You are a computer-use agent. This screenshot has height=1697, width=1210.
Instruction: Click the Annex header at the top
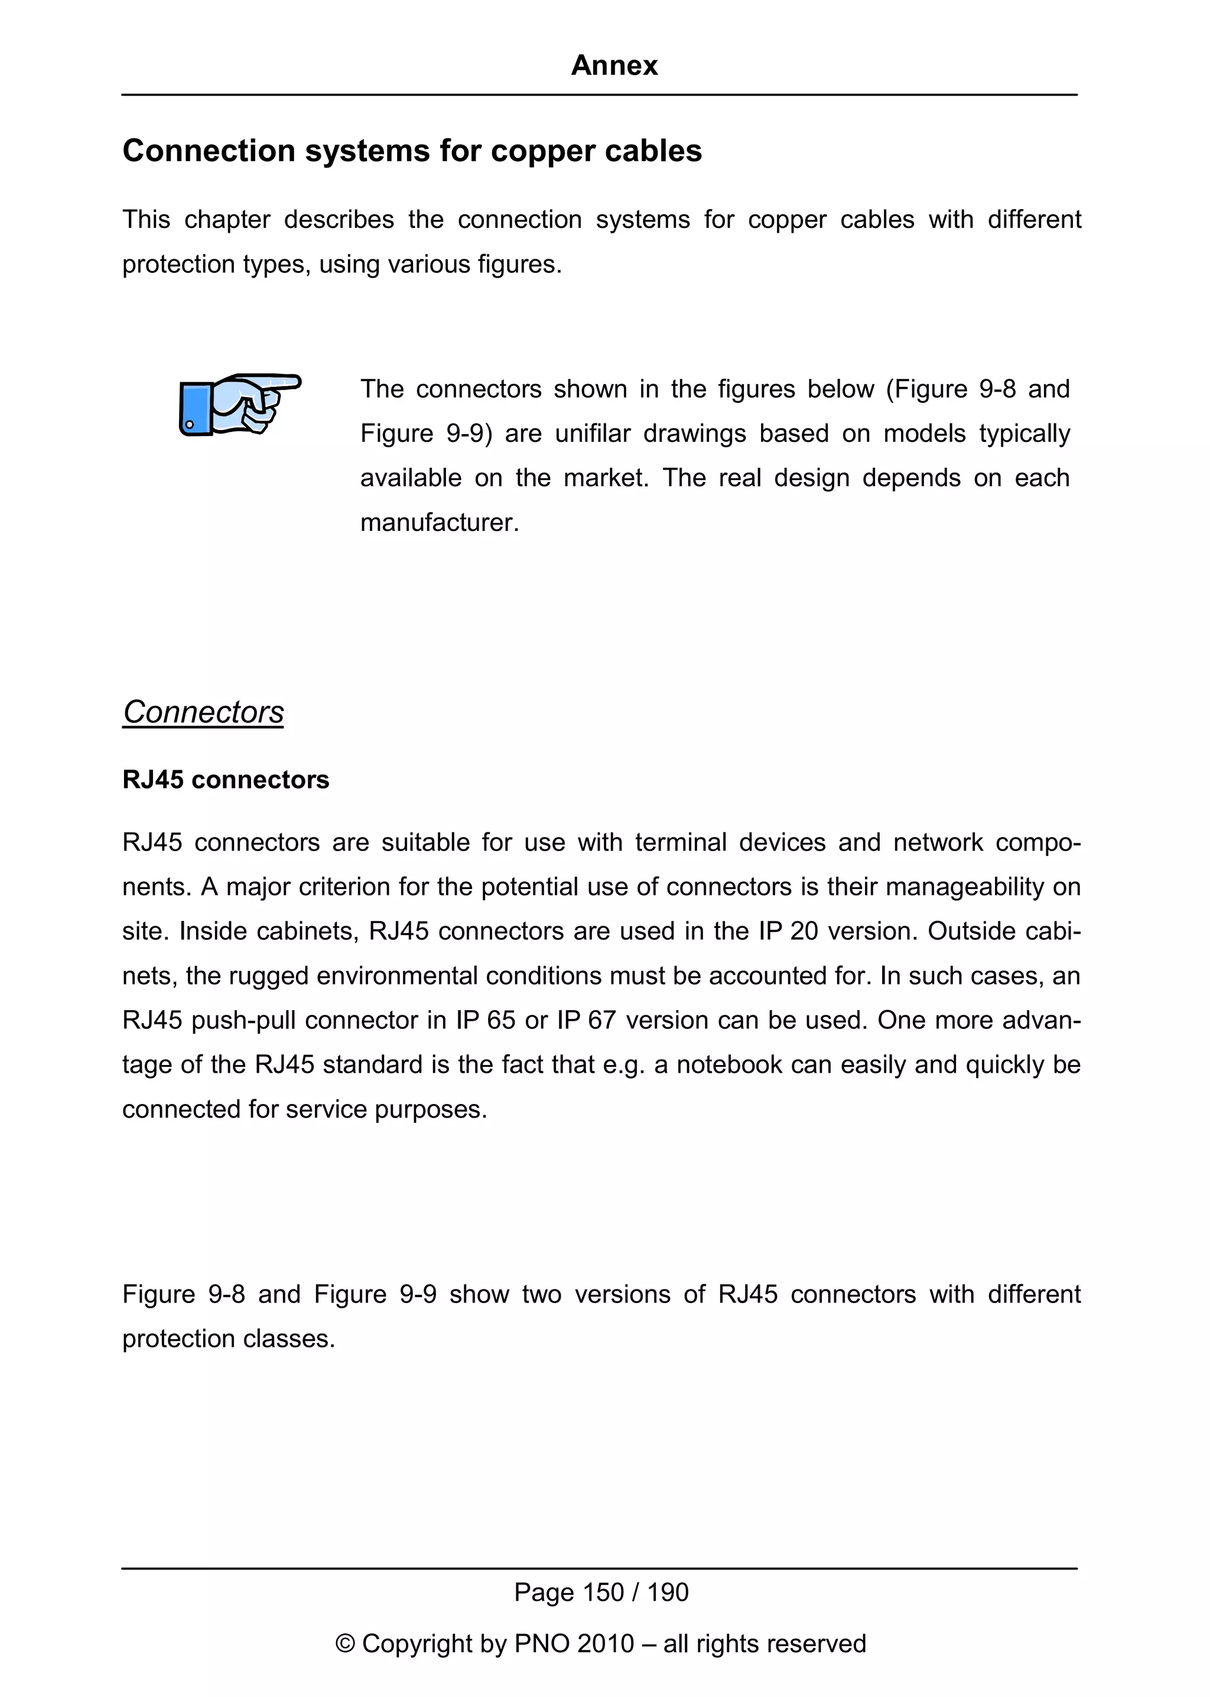coord(614,66)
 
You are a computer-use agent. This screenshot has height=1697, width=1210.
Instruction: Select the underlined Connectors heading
coord(203,712)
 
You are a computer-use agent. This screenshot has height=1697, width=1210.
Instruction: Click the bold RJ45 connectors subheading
coord(225,780)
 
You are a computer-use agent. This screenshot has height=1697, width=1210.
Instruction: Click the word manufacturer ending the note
coord(438,523)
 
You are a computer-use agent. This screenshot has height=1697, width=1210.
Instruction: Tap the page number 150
coord(603,1592)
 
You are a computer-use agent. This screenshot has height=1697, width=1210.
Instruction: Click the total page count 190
coord(668,1592)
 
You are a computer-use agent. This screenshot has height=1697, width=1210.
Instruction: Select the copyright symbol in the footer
coord(344,1643)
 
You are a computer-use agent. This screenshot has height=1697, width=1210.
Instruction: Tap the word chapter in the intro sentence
coord(227,220)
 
